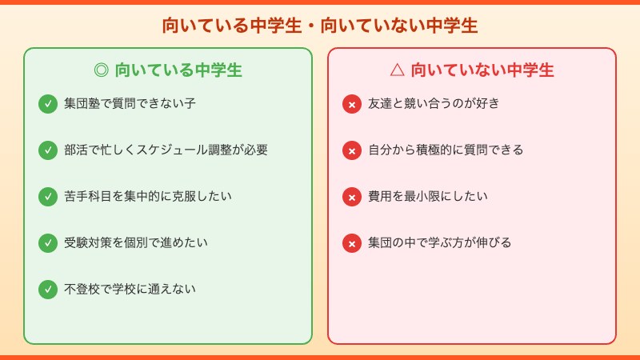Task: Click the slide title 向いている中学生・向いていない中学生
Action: (x=320, y=26)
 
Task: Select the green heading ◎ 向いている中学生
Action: (x=168, y=70)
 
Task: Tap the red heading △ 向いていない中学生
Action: (x=472, y=70)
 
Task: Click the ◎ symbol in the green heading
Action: (x=101, y=70)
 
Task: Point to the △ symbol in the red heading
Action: (x=397, y=70)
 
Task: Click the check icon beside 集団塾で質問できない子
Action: (x=48, y=104)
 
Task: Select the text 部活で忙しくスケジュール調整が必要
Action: (x=166, y=150)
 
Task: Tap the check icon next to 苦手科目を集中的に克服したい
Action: (x=48, y=197)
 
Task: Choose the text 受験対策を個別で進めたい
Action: (x=135, y=242)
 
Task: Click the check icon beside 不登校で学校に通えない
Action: (x=48, y=289)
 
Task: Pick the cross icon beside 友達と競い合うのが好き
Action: (x=352, y=104)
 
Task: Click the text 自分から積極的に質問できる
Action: (x=446, y=150)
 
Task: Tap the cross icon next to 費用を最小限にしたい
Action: (x=352, y=197)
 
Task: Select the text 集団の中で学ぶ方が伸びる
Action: (x=439, y=242)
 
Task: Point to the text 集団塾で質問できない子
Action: (x=130, y=103)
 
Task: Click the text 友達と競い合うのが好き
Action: (x=434, y=103)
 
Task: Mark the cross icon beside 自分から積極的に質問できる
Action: (x=352, y=150)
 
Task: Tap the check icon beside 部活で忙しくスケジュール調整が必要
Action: (x=48, y=150)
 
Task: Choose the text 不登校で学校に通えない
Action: (x=130, y=289)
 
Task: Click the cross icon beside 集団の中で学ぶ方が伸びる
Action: (x=352, y=243)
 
